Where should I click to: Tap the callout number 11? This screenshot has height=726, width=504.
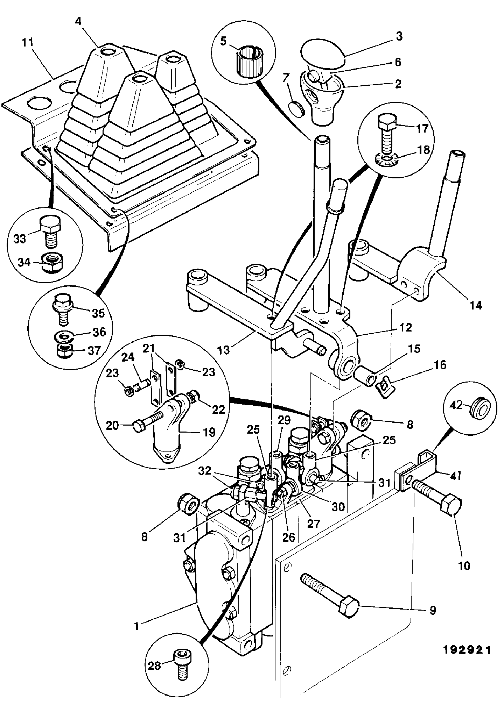point(27,43)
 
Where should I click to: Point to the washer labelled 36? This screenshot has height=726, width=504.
point(64,337)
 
